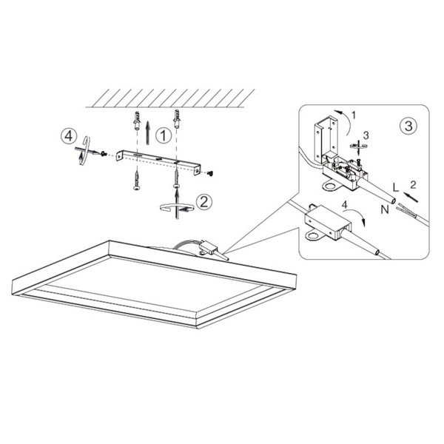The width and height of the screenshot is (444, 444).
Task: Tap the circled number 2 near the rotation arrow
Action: [205, 200]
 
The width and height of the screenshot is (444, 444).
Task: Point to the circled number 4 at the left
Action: [69, 136]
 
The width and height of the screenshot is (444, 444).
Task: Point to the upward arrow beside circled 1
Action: [149, 132]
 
